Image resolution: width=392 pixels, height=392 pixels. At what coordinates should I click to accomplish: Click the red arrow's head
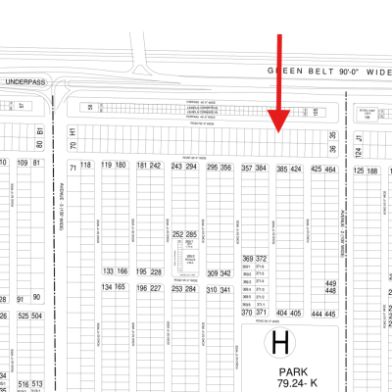click(x=279, y=125)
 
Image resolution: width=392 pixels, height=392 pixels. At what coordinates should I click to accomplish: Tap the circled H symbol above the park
click(x=281, y=345)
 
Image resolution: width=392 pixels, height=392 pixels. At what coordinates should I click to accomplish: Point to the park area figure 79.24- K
click(x=298, y=384)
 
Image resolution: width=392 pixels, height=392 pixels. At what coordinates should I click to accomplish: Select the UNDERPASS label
click(x=24, y=82)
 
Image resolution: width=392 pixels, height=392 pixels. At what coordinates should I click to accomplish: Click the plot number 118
click(x=85, y=165)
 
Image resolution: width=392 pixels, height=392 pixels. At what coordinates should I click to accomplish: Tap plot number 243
click(x=177, y=168)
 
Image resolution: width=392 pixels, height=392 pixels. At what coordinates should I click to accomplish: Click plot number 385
click(x=282, y=170)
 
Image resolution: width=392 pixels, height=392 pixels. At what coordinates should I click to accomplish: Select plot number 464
click(x=330, y=170)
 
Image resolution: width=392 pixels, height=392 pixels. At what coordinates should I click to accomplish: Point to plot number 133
click(x=108, y=270)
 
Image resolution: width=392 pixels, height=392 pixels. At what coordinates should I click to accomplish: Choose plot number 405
click(x=295, y=314)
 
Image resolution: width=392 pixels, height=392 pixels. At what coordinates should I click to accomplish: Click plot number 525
click(x=24, y=317)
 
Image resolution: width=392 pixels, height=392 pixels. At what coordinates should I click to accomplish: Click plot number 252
click(x=178, y=235)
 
